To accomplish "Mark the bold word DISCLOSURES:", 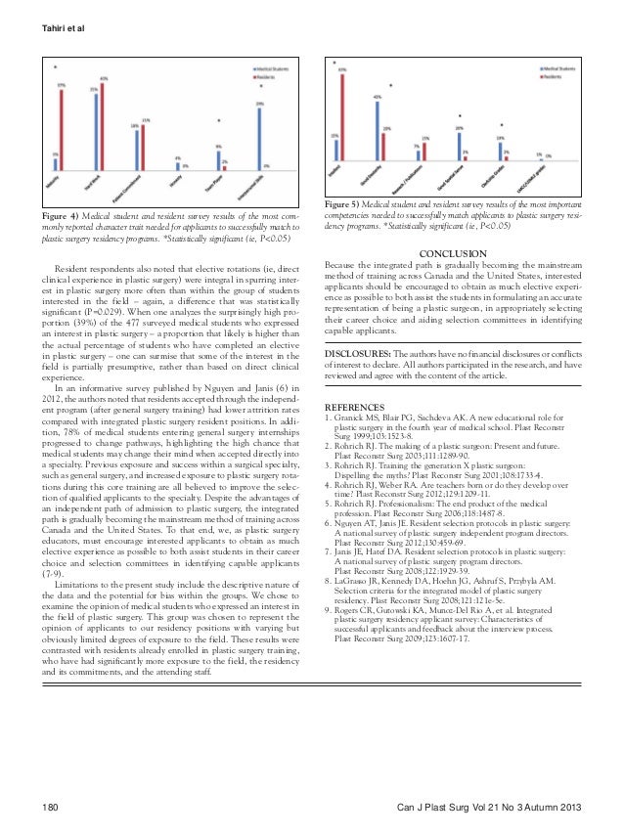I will [x=358, y=350].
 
